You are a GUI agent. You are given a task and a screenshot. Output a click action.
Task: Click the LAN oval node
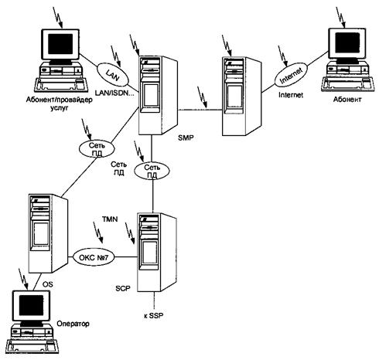[112, 75]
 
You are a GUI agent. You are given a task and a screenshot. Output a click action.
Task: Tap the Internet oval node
[291, 75]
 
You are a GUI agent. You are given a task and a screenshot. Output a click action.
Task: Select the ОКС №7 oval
[94, 257]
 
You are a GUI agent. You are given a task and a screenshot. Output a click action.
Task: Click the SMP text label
[186, 138]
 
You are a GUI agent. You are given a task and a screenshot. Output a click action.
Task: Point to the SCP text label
[123, 288]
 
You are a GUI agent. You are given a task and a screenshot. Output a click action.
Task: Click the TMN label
[110, 219]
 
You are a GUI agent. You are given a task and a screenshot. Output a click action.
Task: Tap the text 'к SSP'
[154, 315]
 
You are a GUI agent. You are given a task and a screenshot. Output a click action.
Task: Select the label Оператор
[73, 324]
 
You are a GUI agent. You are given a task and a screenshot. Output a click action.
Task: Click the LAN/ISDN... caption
[114, 93]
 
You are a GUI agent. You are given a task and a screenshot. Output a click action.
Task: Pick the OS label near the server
[47, 284]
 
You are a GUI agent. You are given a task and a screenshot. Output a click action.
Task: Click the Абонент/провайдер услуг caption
[59, 104]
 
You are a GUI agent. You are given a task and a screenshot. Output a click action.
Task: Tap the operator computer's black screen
[31, 305]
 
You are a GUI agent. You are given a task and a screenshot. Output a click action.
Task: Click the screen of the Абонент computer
[347, 43]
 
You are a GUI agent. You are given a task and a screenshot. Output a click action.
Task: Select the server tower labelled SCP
[157, 252]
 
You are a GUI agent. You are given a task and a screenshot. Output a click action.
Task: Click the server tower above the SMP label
[158, 95]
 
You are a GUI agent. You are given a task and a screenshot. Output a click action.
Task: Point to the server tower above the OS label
[48, 233]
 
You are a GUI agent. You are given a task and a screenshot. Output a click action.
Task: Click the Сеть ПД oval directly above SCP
[152, 171]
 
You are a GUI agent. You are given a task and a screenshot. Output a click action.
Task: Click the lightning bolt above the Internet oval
[282, 56]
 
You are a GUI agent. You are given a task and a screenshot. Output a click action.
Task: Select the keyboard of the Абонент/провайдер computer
[61, 84]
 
